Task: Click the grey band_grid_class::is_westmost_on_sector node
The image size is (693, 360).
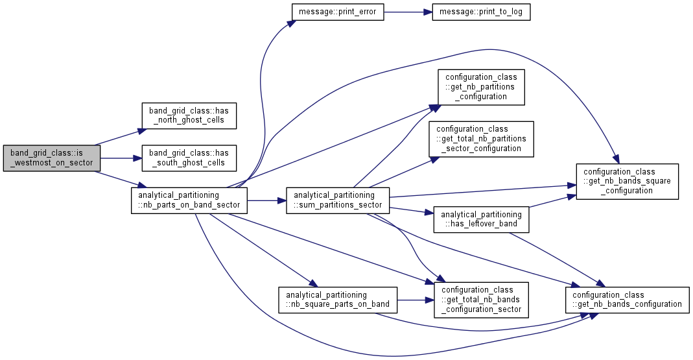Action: [52, 158]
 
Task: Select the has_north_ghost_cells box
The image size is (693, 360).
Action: [189, 115]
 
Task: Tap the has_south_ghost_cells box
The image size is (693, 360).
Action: [189, 158]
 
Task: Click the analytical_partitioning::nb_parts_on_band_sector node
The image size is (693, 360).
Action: [189, 200]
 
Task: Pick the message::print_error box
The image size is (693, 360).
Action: [338, 12]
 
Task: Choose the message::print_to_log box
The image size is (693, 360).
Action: [481, 12]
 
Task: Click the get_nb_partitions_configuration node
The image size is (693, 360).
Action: [481, 87]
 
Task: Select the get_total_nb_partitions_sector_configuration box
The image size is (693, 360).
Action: [481, 139]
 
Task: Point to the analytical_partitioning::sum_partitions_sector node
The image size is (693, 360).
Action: [338, 200]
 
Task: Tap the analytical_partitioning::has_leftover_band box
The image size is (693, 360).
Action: [481, 219]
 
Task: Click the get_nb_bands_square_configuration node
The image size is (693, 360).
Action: [627, 182]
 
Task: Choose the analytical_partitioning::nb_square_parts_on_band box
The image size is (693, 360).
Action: [338, 300]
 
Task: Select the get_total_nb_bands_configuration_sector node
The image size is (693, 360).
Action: [481, 300]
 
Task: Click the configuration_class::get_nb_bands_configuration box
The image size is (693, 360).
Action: [627, 300]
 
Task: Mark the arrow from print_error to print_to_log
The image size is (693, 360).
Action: [408, 12]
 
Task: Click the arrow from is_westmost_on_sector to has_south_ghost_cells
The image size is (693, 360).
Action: [121, 158]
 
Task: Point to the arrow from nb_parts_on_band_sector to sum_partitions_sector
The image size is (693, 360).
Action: [266, 200]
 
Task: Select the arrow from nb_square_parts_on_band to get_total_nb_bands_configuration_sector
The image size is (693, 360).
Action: [416, 300]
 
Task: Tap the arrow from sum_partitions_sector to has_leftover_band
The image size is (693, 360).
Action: [412, 210]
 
